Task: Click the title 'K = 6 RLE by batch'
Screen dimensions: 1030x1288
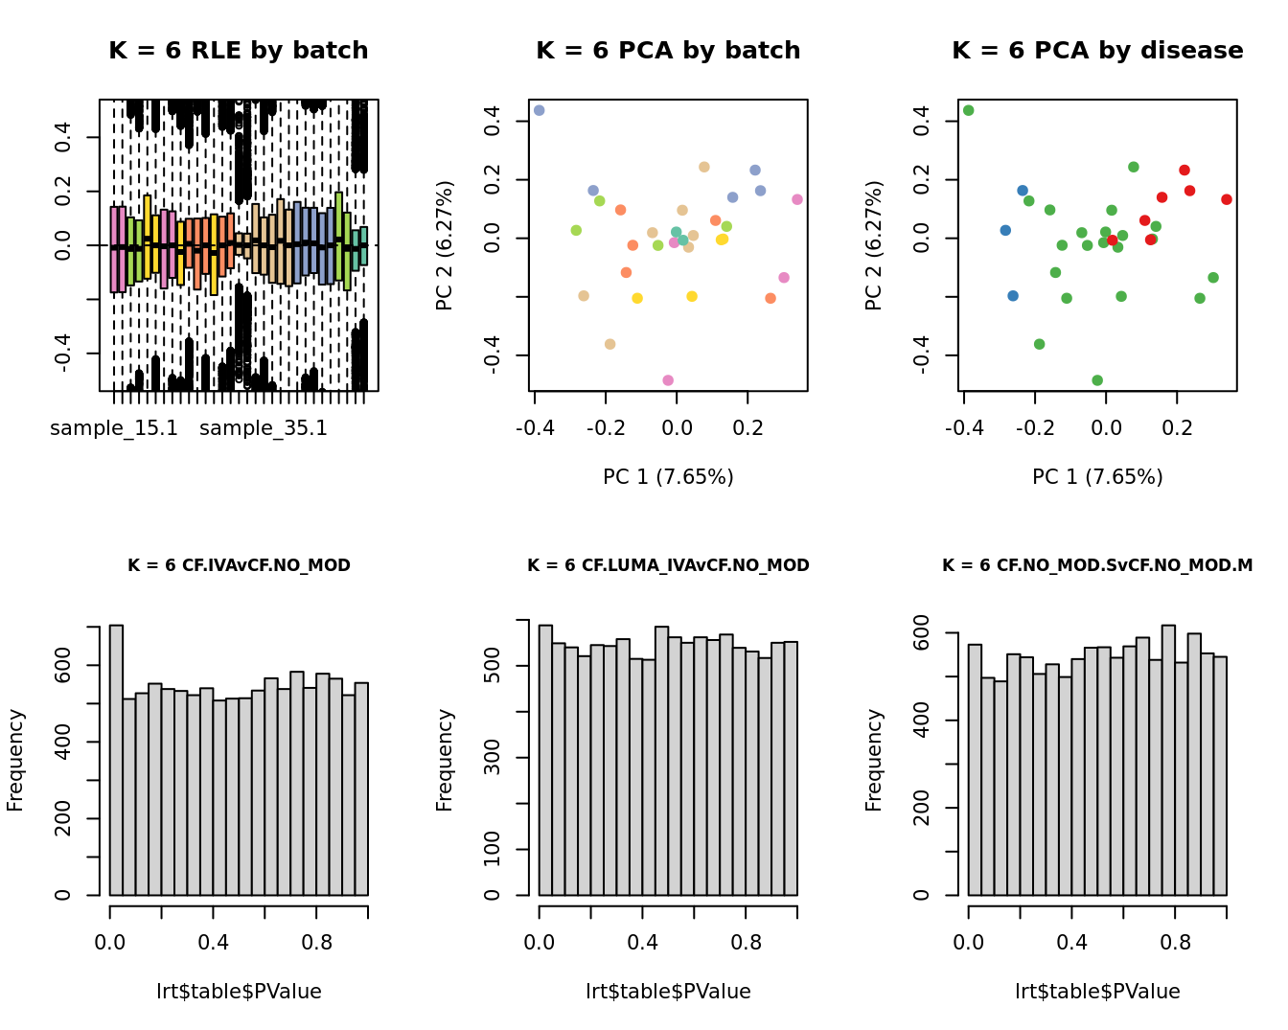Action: [238, 51]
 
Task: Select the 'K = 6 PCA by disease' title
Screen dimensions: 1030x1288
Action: [1097, 51]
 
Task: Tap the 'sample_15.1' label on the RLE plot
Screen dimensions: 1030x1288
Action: [114, 428]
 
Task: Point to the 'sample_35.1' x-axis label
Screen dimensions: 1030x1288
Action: [264, 428]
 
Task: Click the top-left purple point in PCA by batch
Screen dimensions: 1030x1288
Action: [539, 110]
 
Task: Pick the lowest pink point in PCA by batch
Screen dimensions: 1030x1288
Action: [668, 380]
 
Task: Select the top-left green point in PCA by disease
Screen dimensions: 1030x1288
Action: [968, 110]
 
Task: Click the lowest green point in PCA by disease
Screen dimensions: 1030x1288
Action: [1097, 380]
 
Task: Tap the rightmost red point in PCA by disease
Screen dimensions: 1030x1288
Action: [1227, 199]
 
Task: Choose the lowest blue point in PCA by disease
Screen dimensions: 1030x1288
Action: [1013, 296]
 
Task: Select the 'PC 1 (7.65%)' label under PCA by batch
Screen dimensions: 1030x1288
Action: [668, 477]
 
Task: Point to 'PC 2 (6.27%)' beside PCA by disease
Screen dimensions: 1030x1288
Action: [873, 245]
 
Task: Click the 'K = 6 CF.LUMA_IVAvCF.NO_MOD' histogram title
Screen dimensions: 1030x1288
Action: [668, 565]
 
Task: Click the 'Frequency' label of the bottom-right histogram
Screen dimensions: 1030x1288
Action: [873, 760]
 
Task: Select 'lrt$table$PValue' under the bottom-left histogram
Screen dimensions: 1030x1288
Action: [239, 992]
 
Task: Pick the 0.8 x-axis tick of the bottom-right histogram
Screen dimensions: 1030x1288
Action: [1175, 943]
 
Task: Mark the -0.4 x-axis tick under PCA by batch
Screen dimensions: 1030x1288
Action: [535, 428]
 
